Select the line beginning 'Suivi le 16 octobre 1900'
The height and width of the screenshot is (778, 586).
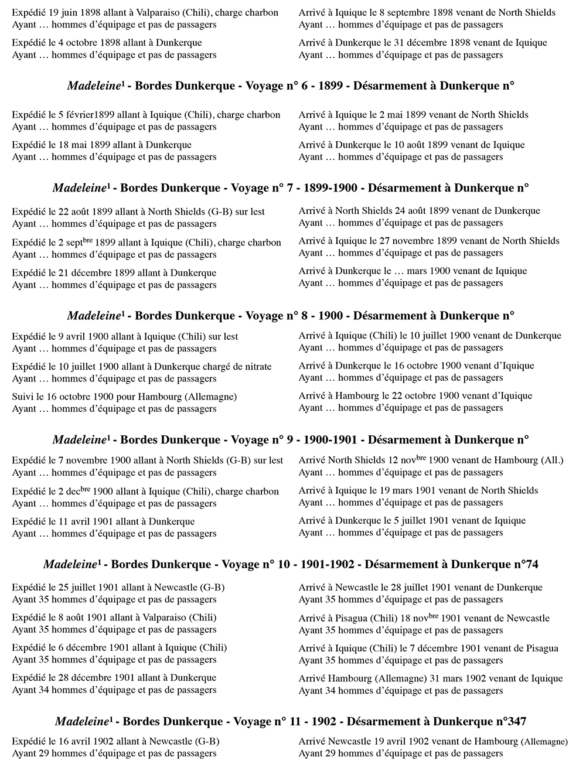pyautogui.click(x=124, y=397)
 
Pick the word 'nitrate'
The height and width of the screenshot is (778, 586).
pyautogui.click(x=255, y=367)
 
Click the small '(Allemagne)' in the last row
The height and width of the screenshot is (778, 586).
pyautogui.click(x=544, y=742)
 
